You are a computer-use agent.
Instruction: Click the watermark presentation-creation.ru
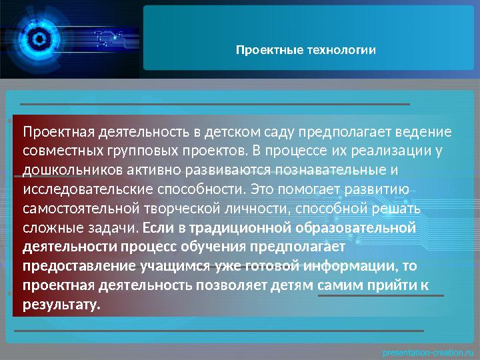[x=427, y=350]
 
